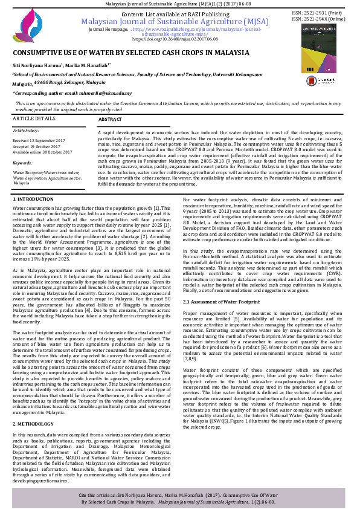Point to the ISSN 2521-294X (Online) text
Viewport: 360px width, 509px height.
click(319, 18)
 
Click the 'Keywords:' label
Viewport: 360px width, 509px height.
click(22, 163)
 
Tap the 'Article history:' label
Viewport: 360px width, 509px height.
click(27, 130)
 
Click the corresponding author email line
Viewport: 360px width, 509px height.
click(72, 92)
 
